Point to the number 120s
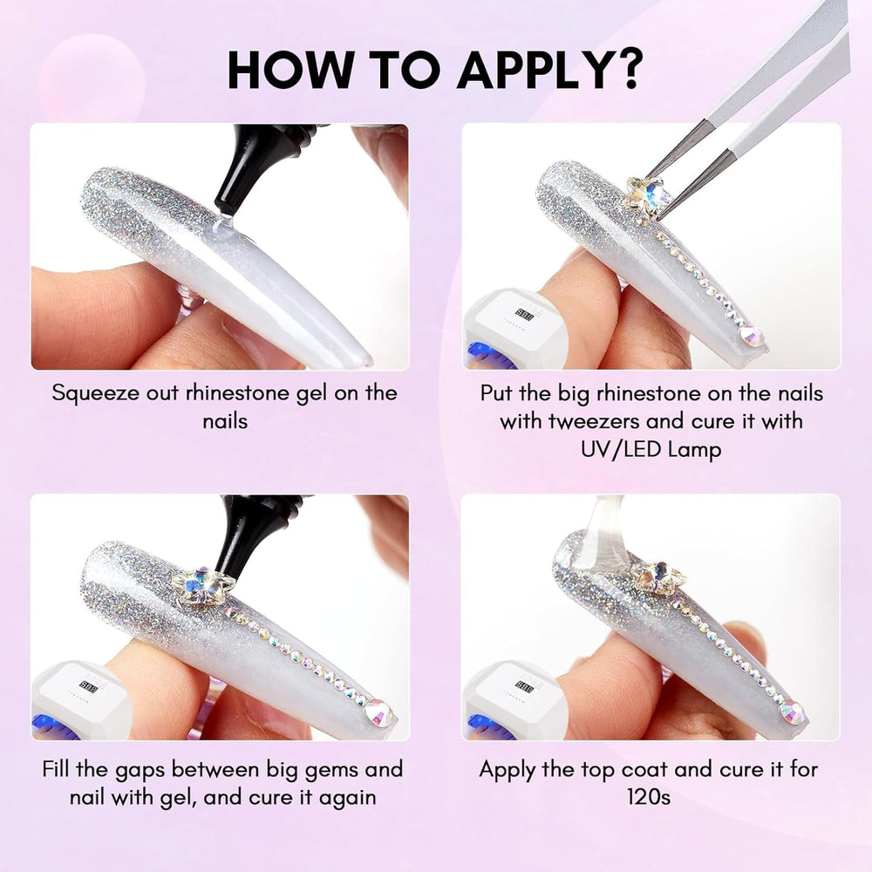tap(649, 797)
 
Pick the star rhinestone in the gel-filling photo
tap(199, 587)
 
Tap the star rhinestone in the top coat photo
tap(658, 577)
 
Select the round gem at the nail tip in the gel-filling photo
tap(378, 713)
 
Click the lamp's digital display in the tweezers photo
tap(524, 315)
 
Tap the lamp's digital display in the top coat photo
tap(524, 685)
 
